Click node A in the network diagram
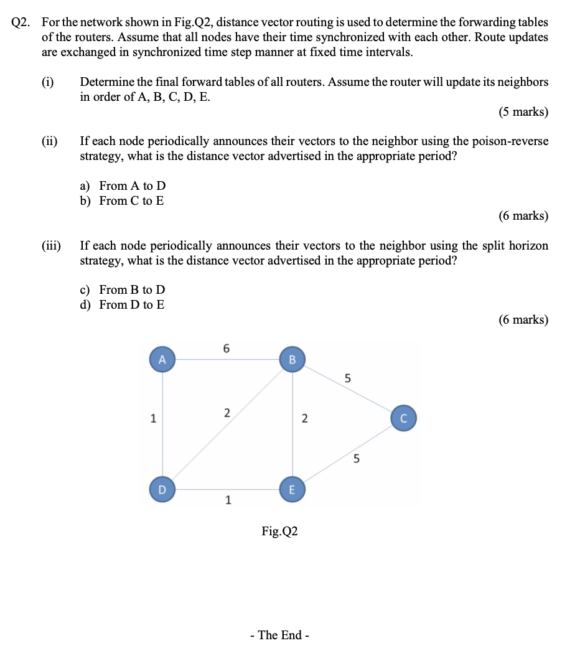pyautogui.click(x=162, y=360)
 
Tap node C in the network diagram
pyautogui.click(x=403, y=418)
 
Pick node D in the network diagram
pyautogui.click(x=162, y=489)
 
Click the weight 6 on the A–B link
pyautogui.click(x=227, y=349)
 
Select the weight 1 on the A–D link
pyautogui.click(x=152, y=419)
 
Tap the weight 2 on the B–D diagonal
pyautogui.click(x=227, y=413)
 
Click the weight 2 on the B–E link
pyautogui.click(x=304, y=419)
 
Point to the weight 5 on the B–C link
pyautogui.click(x=347, y=378)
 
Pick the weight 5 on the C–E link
pyautogui.click(x=356, y=460)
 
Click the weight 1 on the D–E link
pyautogui.click(x=228, y=500)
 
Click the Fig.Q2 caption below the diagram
pyautogui.click(x=279, y=531)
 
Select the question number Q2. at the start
pyautogui.click(x=23, y=22)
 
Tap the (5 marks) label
pyautogui.click(x=523, y=112)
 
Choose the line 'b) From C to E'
pyautogui.click(x=122, y=200)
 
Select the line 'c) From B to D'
pyautogui.click(x=123, y=289)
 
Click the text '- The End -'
pyautogui.click(x=279, y=635)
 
